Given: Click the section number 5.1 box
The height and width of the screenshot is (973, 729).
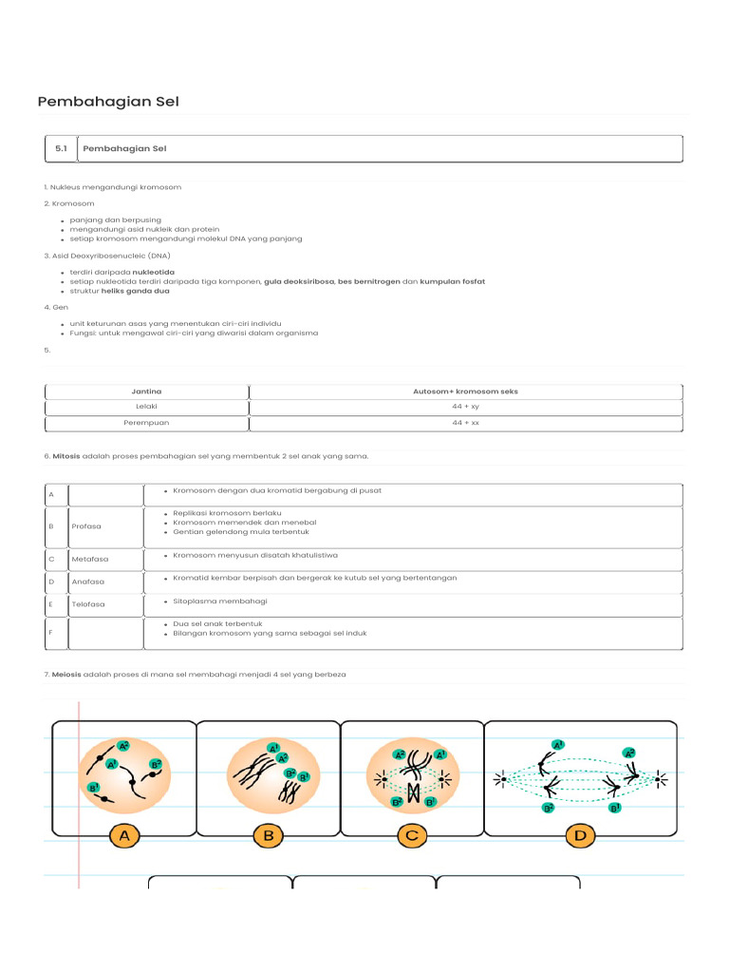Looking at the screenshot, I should click(x=61, y=149).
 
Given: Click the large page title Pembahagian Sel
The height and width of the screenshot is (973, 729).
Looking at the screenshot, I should click(x=107, y=102).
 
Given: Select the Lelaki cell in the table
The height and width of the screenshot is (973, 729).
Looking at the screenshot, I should click(x=146, y=407).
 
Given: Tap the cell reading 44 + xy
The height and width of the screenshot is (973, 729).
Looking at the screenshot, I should click(x=465, y=407).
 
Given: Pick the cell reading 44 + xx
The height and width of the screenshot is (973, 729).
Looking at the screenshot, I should click(x=465, y=423).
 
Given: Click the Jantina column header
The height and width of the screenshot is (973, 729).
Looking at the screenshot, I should click(x=146, y=391).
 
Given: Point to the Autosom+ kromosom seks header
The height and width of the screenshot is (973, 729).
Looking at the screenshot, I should click(x=465, y=391).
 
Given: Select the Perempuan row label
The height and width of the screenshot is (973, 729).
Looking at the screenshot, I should click(x=146, y=423).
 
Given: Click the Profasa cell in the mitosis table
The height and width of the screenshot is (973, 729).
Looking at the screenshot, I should click(x=86, y=525).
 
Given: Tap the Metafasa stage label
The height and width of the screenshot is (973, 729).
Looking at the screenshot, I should click(x=89, y=559).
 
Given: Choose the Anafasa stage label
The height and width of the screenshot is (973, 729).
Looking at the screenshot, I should click(x=88, y=582).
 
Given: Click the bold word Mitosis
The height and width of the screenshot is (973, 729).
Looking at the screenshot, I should click(x=66, y=456).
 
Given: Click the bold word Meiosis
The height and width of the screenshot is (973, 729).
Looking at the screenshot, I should click(x=66, y=675).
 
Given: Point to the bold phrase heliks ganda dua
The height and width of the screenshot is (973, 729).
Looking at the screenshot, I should click(x=136, y=291).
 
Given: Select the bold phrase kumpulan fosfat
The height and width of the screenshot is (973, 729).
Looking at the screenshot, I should click(x=453, y=282).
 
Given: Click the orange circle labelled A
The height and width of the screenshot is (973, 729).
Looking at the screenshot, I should click(x=123, y=836).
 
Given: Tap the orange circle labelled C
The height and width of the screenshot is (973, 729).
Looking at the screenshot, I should click(x=412, y=836).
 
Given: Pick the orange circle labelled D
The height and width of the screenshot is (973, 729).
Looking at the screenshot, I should click(x=579, y=836).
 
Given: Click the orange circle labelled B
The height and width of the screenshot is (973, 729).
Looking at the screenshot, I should click(x=269, y=836).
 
